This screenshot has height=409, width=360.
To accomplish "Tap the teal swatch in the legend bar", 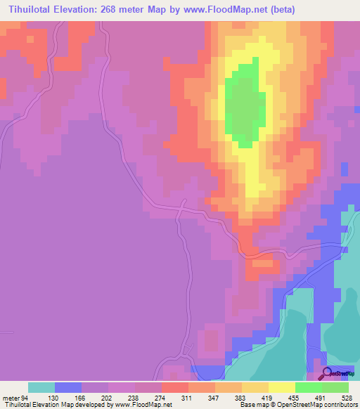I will tap(41, 388).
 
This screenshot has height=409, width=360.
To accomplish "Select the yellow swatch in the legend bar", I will tap(282, 388).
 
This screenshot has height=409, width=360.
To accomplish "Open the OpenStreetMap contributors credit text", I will tap(323, 405).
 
